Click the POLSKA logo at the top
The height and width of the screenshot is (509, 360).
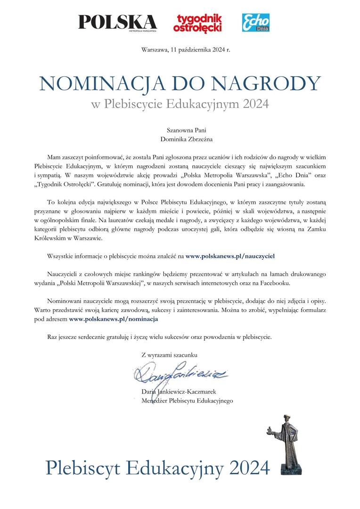tap(117, 22)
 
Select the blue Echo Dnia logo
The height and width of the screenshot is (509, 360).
tap(256, 22)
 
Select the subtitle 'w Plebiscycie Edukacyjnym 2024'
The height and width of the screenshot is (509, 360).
tap(180, 103)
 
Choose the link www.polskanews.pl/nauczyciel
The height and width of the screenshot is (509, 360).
tap(230, 256)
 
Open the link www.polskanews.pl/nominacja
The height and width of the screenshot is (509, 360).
tap(113, 319)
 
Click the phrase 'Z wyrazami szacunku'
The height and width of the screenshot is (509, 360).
tap(169, 354)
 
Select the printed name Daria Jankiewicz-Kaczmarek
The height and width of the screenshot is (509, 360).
tap(179, 392)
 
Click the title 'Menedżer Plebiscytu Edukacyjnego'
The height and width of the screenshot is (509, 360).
tap(187, 401)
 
